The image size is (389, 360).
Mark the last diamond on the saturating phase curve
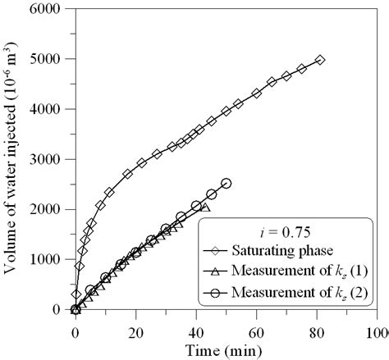coord(320,60)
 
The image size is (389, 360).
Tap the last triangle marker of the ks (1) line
coord(204,207)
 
